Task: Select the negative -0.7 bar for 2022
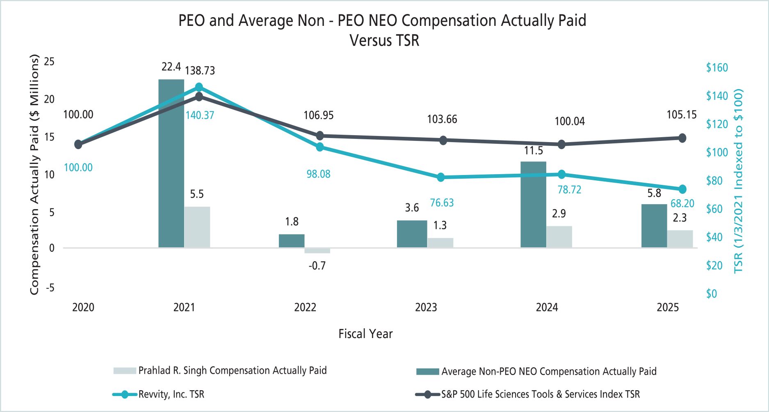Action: (317, 251)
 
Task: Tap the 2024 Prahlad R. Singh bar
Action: (559, 237)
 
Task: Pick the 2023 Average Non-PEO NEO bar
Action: (412, 234)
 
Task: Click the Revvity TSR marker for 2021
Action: (199, 87)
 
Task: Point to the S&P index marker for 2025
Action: (682, 138)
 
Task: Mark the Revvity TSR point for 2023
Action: (441, 177)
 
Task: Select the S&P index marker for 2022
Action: (320, 136)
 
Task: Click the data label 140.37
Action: (200, 115)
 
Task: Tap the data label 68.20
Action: (682, 203)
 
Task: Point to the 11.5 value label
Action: (533, 151)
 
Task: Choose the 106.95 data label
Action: (318, 115)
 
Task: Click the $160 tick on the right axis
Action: (717, 68)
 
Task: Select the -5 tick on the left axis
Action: (50, 288)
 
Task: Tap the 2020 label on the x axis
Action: (83, 307)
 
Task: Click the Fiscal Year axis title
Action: (365, 334)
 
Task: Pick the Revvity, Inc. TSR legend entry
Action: (171, 394)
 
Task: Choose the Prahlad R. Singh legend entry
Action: (232, 371)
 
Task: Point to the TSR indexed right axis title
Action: (739, 181)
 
